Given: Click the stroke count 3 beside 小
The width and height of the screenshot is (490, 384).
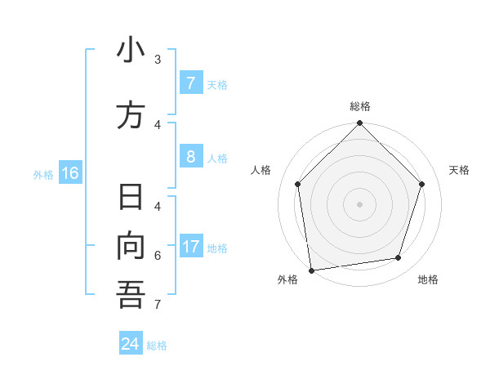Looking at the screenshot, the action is pos(158,60).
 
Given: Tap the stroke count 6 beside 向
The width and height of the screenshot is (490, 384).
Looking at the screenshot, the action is pos(158,256).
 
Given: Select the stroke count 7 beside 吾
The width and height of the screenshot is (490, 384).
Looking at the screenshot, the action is pos(158,305).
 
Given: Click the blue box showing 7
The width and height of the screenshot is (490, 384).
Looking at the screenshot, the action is pos(190,83).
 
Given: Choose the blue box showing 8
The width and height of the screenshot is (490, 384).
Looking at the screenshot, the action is pos(190,157).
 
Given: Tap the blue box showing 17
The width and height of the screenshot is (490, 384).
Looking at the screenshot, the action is pos(191,247).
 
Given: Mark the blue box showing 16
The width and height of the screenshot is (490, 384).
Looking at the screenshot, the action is pos(70,173).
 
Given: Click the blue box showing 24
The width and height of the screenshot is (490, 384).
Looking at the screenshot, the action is pos(131,344).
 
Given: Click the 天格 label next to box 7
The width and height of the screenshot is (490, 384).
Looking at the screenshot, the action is pos(217,84).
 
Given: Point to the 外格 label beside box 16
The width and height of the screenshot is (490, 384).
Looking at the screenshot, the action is pos(43,174).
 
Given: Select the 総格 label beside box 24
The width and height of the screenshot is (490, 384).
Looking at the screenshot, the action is pos(157,346).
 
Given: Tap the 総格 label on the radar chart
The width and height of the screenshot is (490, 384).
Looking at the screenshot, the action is pos(360,106).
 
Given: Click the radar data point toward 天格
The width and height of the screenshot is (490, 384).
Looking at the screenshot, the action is pos(421,184).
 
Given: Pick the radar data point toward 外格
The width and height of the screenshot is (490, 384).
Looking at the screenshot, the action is pos(311,270).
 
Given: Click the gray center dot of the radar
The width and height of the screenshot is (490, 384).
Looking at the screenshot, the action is pos(359,203).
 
